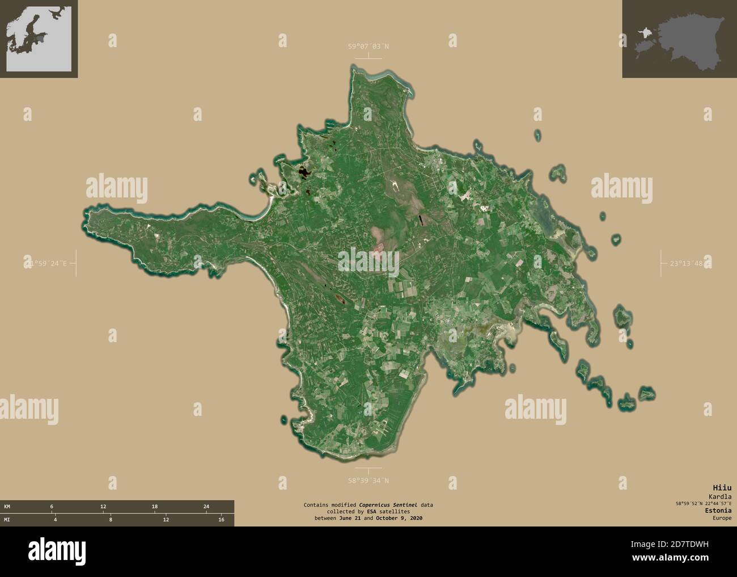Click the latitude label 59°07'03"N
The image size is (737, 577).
[x=369, y=47]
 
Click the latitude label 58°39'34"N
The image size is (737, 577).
[x=369, y=481]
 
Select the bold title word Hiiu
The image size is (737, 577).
[x=723, y=487]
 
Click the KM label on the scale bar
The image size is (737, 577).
[x=7, y=506]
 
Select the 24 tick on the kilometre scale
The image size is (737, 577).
[x=206, y=506]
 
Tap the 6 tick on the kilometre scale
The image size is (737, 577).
[x=52, y=506]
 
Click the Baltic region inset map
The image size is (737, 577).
[x=39, y=39]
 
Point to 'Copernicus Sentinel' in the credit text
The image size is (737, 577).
[x=391, y=504]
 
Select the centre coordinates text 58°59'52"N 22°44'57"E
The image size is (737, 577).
[x=700, y=503]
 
